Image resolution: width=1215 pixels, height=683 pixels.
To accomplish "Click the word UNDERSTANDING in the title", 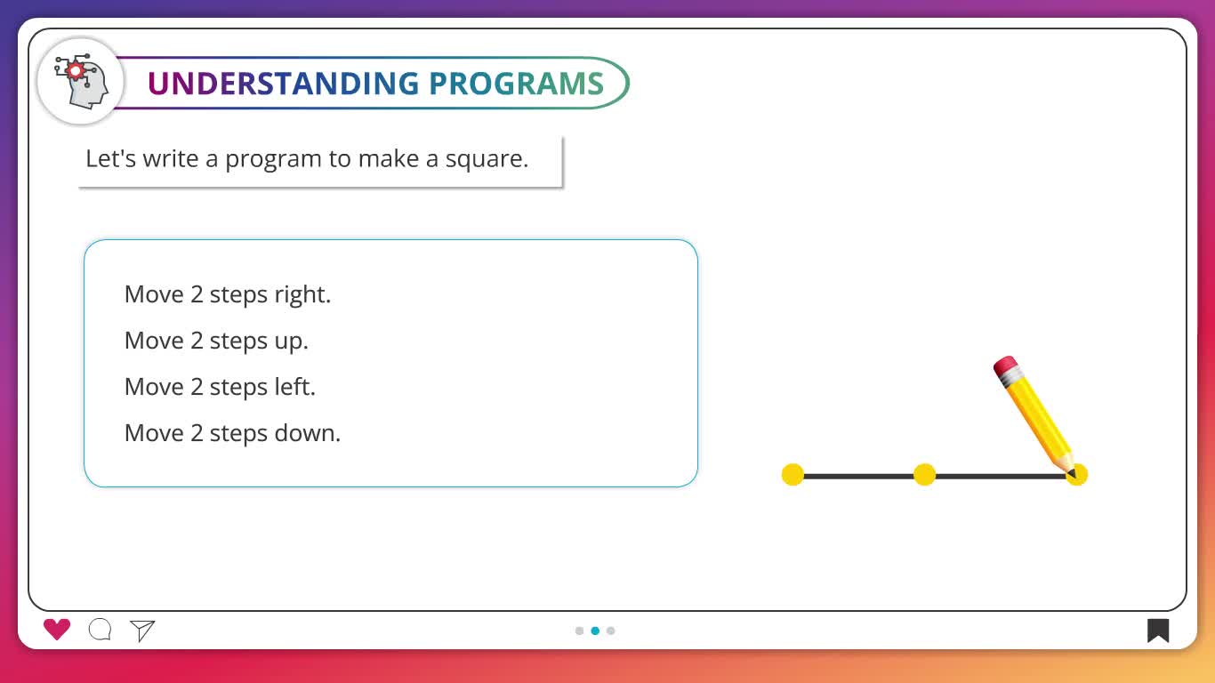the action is tap(283, 83).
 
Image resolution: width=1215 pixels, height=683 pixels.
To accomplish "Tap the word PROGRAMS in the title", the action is tap(516, 83).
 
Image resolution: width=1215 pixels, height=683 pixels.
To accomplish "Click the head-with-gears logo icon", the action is tap(81, 82).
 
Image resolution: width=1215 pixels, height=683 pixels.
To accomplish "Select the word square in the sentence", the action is tap(487, 159).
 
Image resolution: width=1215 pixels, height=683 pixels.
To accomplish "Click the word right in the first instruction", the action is tap(302, 295).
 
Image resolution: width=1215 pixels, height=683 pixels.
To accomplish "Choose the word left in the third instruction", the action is tap(294, 387).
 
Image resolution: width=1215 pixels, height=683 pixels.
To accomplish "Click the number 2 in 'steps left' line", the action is tap(197, 388).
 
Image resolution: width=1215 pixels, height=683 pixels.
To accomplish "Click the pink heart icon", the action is tap(57, 630).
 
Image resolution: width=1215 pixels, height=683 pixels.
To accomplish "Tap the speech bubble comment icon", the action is tap(101, 630).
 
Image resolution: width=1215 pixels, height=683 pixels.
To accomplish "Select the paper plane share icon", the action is tap(142, 631).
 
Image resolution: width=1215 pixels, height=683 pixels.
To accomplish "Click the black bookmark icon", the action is tap(1158, 631).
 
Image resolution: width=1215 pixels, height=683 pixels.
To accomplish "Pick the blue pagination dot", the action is tap(595, 631).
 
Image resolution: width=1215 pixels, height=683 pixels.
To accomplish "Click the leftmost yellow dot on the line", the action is tap(793, 475).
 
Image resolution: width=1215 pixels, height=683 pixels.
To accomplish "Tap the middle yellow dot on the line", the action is tap(924, 475).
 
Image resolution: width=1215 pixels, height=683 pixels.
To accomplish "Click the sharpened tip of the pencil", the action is tap(1073, 475).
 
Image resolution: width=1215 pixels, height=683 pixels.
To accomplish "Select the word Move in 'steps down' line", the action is tap(154, 433).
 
